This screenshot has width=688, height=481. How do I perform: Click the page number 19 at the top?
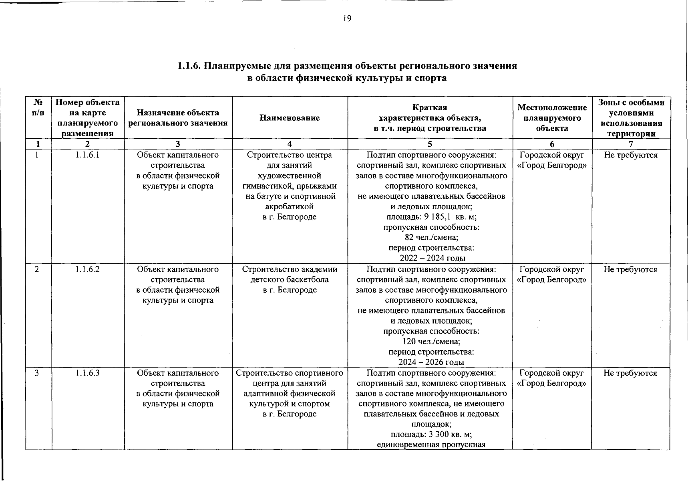tap(347, 18)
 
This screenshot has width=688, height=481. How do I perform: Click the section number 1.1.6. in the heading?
tap(189, 66)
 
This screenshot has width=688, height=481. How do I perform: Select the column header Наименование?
tap(290, 118)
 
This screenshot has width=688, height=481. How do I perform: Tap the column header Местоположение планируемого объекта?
tap(552, 118)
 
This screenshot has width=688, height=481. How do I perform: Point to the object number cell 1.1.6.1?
tap(87, 155)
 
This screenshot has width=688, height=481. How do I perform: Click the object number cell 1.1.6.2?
tap(87, 269)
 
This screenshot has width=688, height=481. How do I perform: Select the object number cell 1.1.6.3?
tap(87, 373)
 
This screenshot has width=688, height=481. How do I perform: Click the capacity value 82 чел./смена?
tap(431, 238)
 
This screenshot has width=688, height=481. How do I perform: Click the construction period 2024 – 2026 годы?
tap(431, 362)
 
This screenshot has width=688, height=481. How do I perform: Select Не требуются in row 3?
tap(630, 373)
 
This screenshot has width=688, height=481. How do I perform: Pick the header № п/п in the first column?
tap(38, 108)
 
